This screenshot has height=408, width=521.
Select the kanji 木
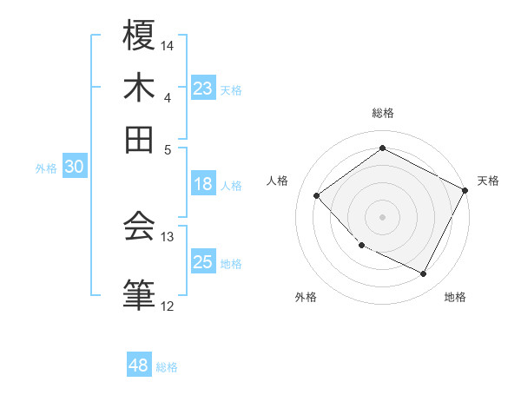pyautogui.click(x=139, y=88)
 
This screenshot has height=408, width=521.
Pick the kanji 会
pyautogui.click(x=139, y=227)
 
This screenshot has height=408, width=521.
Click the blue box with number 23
pyautogui.click(x=203, y=89)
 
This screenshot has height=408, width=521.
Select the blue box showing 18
pyautogui.click(x=203, y=184)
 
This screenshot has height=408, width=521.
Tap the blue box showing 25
pyautogui.click(x=203, y=262)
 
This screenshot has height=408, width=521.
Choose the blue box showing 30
pyautogui.click(x=74, y=168)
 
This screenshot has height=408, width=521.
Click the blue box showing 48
pyautogui.click(x=139, y=365)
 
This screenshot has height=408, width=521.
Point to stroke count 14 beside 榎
pyautogui.click(x=168, y=45)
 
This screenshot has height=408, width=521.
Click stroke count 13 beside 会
pyautogui.click(x=168, y=236)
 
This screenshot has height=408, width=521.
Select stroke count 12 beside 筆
pyautogui.click(x=168, y=306)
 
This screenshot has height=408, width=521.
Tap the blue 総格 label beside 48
pyautogui.click(x=167, y=367)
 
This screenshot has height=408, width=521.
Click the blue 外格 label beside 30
pyautogui.click(x=46, y=168)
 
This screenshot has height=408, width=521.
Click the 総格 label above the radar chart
pyautogui.click(x=383, y=113)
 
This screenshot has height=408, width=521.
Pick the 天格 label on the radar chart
pyautogui.click(x=488, y=181)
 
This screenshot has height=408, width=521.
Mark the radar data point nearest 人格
pyautogui.click(x=317, y=195)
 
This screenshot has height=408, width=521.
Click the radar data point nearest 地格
pyautogui.click(x=423, y=273)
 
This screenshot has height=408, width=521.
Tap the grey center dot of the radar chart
pyautogui.click(x=382, y=216)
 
